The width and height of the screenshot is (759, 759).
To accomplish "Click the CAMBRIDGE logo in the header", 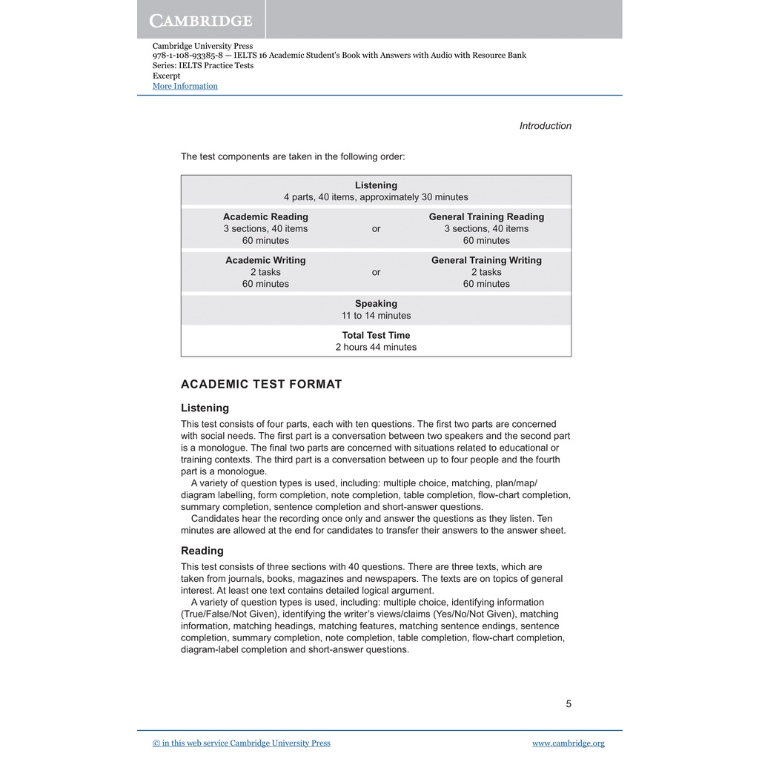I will [x=201, y=20].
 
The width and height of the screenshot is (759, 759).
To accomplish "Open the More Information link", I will [x=185, y=86].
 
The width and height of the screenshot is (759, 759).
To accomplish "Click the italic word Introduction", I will [x=545, y=126].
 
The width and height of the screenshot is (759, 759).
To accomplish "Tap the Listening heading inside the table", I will [x=376, y=185].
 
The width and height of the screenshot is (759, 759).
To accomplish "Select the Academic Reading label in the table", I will [x=265, y=217].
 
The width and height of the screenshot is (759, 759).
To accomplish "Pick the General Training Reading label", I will [x=486, y=217].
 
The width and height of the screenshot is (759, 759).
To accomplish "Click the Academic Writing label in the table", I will [x=265, y=260].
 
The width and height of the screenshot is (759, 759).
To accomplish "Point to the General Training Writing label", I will [x=486, y=260].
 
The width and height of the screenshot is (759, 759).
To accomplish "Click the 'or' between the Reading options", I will [x=376, y=229].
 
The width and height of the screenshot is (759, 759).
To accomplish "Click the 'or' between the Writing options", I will [x=376, y=272].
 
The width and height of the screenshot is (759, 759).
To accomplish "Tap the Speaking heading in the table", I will [x=376, y=304].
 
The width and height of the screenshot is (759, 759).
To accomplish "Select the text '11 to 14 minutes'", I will [x=376, y=316].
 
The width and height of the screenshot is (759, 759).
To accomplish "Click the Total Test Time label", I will [x=376, y=335].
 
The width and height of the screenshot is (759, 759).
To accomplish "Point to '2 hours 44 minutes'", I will [x=376, y=347].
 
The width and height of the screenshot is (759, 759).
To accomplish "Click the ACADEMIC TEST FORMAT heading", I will [x=262, y=384].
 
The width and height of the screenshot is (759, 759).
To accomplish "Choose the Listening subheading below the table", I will [x=205, y=408].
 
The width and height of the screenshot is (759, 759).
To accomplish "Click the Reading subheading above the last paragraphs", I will [x=202, y=551].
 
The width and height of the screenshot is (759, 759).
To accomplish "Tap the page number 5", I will [x=569, y=704].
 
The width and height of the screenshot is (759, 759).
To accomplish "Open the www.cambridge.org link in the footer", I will [x=568, y=743].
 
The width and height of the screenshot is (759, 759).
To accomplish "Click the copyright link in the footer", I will [x=242, y=743].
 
